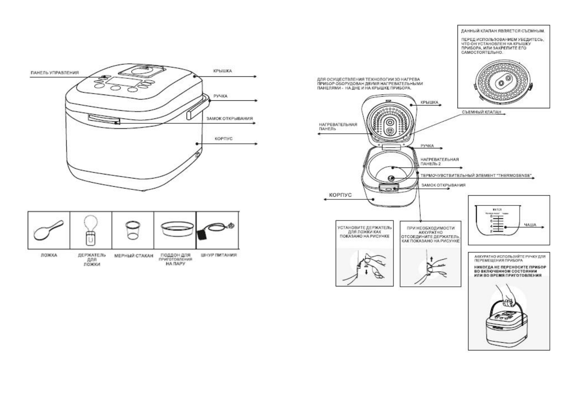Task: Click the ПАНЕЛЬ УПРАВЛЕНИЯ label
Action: click(55, 73)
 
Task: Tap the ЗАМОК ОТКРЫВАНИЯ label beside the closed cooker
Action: click(229, 119)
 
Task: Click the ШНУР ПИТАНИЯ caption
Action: click(219, 255)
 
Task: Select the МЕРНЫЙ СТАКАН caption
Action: click(134, 256)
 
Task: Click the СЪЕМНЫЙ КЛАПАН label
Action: click(481, 112)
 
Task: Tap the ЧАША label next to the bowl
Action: click(530, 225)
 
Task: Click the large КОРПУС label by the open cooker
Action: click(340, 195)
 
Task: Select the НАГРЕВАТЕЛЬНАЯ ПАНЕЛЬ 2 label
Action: click(439, 162)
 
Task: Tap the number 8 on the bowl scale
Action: click(491, 217)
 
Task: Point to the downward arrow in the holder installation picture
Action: click(367, 272)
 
